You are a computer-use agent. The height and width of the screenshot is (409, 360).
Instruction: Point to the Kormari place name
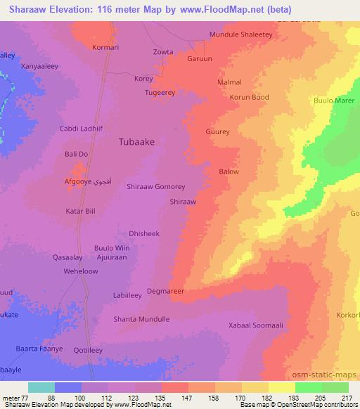(x=108, y=48)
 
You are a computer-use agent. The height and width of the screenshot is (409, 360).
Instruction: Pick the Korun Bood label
(x=249, y=97)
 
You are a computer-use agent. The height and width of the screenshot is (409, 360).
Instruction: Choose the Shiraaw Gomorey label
(x=155, y=187)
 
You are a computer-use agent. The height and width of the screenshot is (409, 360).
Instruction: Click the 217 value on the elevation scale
(x=345, y=398)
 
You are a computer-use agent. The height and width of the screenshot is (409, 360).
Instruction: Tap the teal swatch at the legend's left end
(x=41, y=387)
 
